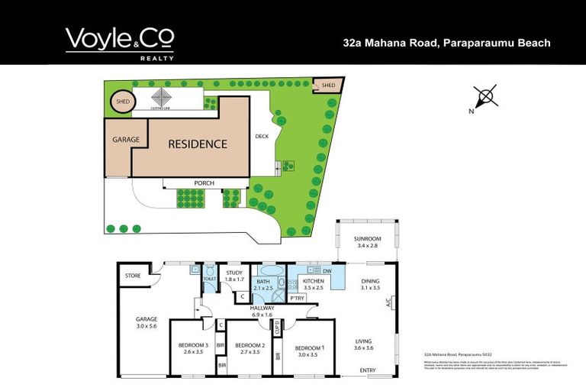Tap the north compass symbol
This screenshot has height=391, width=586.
point(485,99)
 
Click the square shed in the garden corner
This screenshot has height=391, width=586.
point(328,85)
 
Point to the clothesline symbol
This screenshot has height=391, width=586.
point(162,99)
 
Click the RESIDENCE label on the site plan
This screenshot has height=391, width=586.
point(198,144)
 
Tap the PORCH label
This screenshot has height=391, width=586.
point(204,183)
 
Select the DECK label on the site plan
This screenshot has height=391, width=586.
point(262,137)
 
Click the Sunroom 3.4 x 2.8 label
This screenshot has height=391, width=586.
point(367,243)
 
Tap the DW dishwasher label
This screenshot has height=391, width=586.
point(327,271)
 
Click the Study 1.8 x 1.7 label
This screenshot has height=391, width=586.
point(233,276)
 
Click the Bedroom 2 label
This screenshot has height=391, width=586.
point(250,349)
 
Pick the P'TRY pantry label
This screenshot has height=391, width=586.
point(297,298)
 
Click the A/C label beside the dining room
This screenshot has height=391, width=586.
point(388,302)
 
